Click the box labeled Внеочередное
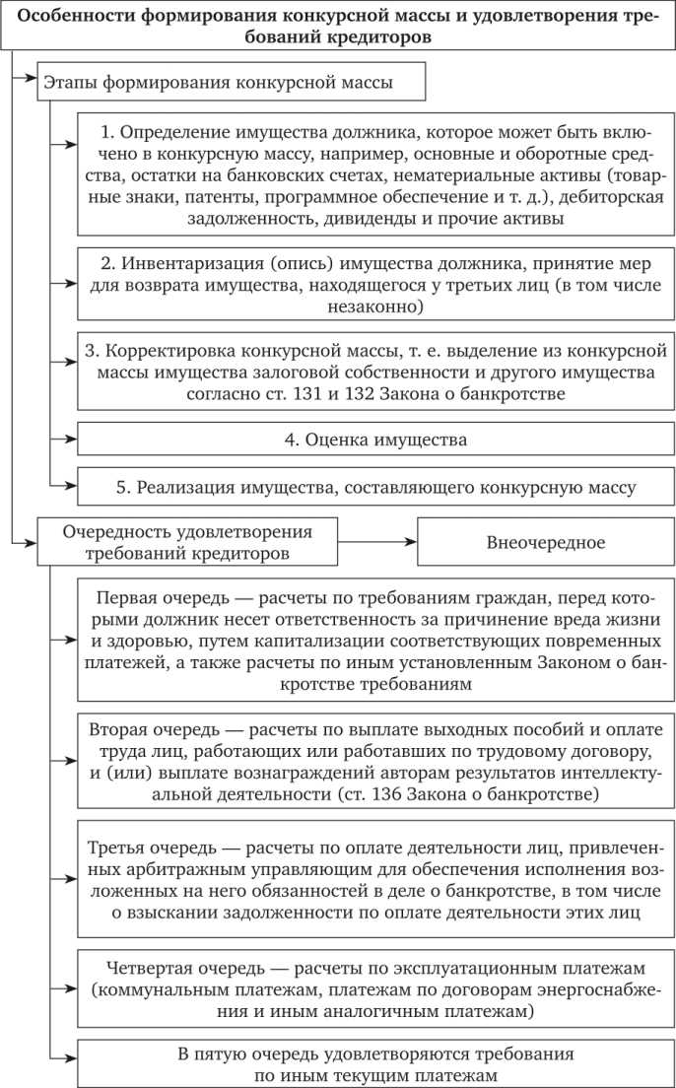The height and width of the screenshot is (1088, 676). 545,542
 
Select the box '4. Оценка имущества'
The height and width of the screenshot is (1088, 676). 374,439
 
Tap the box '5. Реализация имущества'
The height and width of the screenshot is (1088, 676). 374,486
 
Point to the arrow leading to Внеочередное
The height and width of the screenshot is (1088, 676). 376,541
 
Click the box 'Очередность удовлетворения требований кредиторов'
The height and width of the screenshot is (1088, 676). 187,541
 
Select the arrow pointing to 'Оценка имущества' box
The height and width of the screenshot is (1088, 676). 64,439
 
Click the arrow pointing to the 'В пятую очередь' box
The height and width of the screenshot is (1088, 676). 64,1063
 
